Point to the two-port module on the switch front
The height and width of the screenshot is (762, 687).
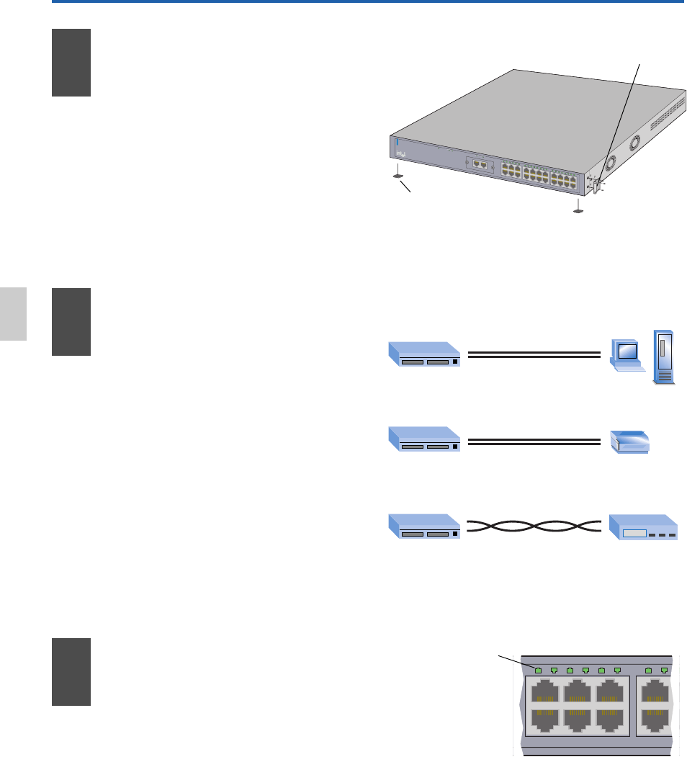tap(478, 164)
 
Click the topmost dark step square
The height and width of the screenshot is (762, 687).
tap(71, 63)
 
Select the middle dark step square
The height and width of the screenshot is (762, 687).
tap(71, 322)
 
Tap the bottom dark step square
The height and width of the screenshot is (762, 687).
tap(71, 671)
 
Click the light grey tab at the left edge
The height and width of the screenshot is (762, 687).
tap(13, 313)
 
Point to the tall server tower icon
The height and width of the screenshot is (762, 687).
tap(664, 357)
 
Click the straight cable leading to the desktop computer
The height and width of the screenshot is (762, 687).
tap(534, 354)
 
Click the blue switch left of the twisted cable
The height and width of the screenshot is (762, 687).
tap(424, 527)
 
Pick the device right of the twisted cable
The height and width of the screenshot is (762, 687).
tap(642, 528)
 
